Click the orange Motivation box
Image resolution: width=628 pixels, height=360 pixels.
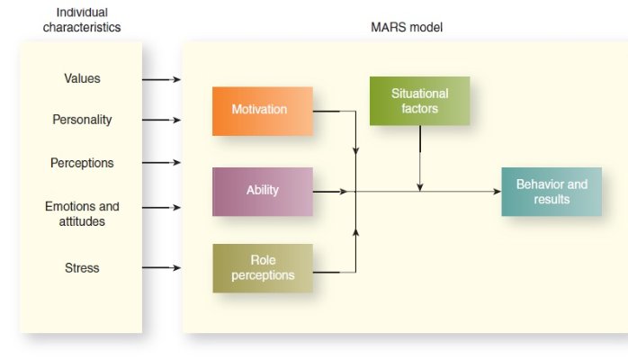coord(262,111)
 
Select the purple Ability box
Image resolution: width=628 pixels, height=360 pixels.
coord(262,191)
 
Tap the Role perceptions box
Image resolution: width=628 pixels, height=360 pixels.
coord(262,268)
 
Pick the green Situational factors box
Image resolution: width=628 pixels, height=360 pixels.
coord(419,101)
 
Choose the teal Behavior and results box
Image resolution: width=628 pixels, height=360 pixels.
coord(551,191)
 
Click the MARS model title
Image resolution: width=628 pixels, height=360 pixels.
coord(407,28)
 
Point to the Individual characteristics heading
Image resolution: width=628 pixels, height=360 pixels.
coord(82,21)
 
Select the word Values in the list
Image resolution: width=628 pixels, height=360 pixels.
coord(82,78)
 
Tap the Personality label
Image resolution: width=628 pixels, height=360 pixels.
coord(82,119)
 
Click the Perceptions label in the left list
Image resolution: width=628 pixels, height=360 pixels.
coord(82,163)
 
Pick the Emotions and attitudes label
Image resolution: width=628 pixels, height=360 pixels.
coord(82,213)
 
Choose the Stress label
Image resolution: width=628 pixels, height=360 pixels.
coord(82,267)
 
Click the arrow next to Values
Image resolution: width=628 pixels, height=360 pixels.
coord(163,79)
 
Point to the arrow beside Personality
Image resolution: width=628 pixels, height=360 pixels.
coord(163,119)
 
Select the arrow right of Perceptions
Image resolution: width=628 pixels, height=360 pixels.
coord(163,163)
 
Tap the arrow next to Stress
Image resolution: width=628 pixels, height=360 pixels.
coord(163,267)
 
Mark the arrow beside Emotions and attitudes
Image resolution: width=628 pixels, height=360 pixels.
coord(163,208)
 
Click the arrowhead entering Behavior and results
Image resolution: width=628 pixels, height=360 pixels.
coord(496,191)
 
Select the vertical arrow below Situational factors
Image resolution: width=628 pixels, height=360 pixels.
coord(419,157)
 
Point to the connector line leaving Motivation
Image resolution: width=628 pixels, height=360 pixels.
coord(335,111)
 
